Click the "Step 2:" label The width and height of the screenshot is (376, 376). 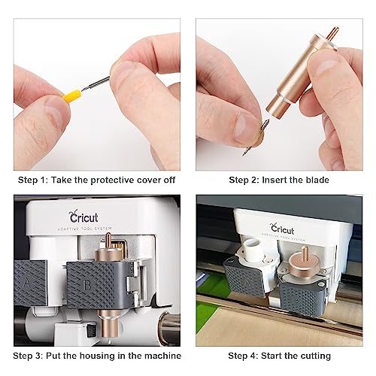[x=244, y=180]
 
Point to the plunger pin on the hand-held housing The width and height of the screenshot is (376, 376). [x=331, y=34]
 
